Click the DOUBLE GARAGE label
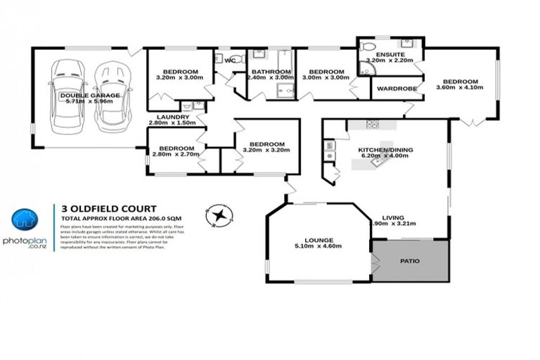[x=89, y=95]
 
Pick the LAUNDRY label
[x=173, y=117]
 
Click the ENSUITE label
[x=388, y=54]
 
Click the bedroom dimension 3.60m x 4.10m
[x=459, y=88]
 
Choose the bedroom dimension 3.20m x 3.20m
[x=266, y=150]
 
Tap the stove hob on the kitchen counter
[x=372, y=124]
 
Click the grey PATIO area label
[x=410, y=261]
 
